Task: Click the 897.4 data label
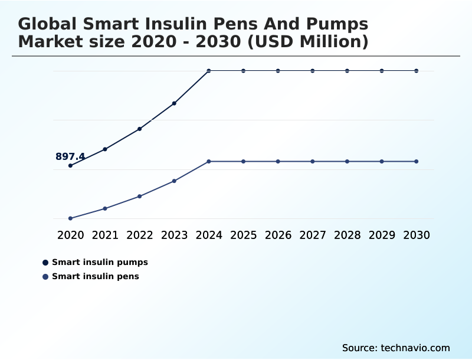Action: (70, 156)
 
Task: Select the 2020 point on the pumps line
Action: (70, 166)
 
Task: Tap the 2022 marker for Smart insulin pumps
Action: (140, 129)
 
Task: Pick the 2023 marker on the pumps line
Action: (174, 103)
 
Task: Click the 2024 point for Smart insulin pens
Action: (209, 161)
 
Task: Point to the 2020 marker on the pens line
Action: (70, 218)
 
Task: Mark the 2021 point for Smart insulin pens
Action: (105, 208)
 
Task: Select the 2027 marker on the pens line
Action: (313, 161)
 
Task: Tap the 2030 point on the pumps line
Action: (417, 71)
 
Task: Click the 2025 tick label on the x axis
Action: (243, 235)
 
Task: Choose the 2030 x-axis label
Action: (417, 235)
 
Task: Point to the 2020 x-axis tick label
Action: (70, 235)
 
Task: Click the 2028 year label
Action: (347, 235)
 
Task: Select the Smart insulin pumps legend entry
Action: (100, 262)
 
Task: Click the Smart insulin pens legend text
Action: (96, 276)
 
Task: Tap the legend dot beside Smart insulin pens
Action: (45, 277)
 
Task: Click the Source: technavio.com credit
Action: (396, 348)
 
